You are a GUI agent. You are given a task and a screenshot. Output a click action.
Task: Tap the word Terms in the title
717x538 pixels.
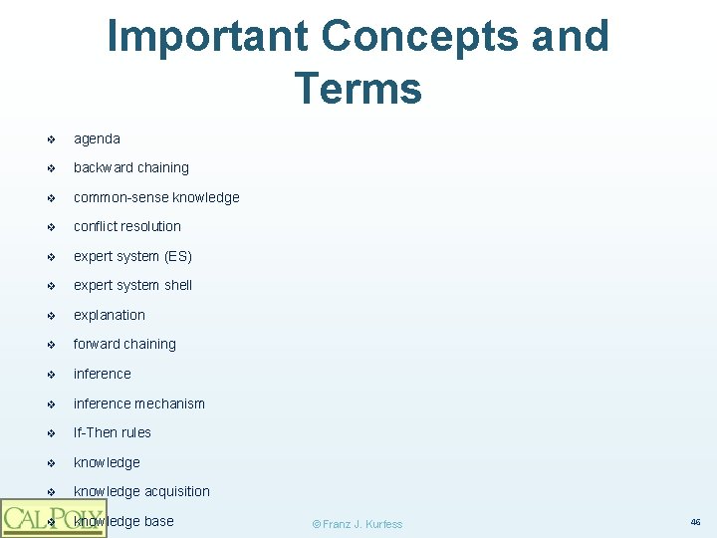[358, 88]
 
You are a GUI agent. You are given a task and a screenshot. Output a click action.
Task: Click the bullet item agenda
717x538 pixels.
[97, 138]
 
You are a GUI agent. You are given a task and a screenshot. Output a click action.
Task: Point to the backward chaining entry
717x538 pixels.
[130, 167]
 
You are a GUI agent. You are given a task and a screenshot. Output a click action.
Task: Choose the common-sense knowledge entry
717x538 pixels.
[156, 197]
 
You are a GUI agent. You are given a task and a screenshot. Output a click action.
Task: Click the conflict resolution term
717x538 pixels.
[127, 226]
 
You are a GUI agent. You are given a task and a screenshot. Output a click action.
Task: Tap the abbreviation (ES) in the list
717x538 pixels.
[178, 256]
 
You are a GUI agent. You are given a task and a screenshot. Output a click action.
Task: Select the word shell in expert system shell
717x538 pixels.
[178, 285]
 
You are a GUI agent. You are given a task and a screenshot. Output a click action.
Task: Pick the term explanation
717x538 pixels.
[110, 315]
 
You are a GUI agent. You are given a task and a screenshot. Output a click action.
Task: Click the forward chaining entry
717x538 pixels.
[124, 344]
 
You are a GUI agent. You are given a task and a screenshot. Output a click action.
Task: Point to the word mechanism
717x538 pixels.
[170, 403]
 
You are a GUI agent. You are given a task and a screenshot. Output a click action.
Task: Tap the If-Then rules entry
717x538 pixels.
[113, 432]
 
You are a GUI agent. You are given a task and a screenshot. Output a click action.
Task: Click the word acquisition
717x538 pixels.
[177, 491]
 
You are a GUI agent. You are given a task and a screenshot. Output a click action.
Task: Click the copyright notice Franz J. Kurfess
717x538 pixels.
[358, 524]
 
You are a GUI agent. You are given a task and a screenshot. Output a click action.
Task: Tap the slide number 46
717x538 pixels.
[694, 521]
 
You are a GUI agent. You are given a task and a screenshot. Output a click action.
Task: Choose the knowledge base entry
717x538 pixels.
[123, 521]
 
